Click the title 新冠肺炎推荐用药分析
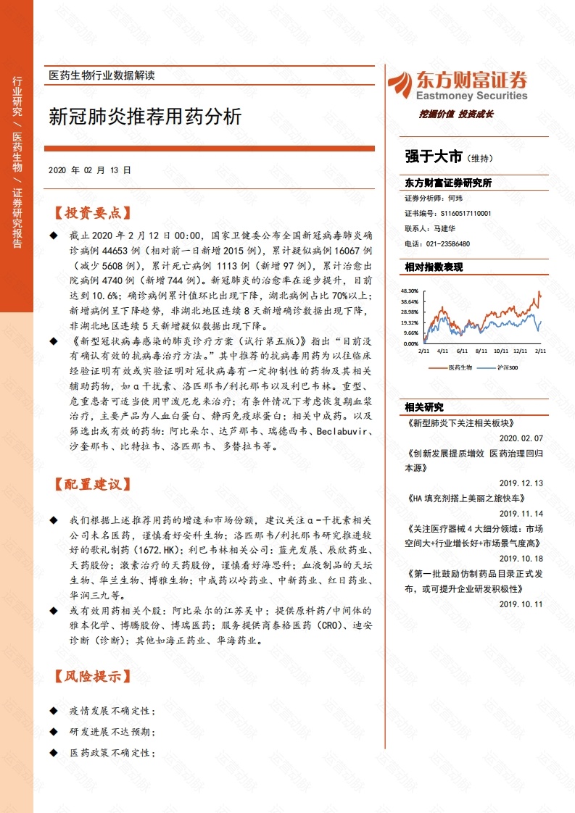point(145,117)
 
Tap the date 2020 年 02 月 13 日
point(90,170)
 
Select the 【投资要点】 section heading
point(92,214)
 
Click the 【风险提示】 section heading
point(92,677)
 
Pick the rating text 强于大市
point(434,156)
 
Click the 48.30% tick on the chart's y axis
point(410,291)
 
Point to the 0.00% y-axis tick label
point(412,343)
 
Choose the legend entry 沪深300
point(508,367)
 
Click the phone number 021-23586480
point(447,244)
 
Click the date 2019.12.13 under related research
point(521,483)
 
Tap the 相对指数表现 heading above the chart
point(434,267)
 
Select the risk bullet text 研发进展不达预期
point(112,733)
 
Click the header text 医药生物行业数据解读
point(102,75)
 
